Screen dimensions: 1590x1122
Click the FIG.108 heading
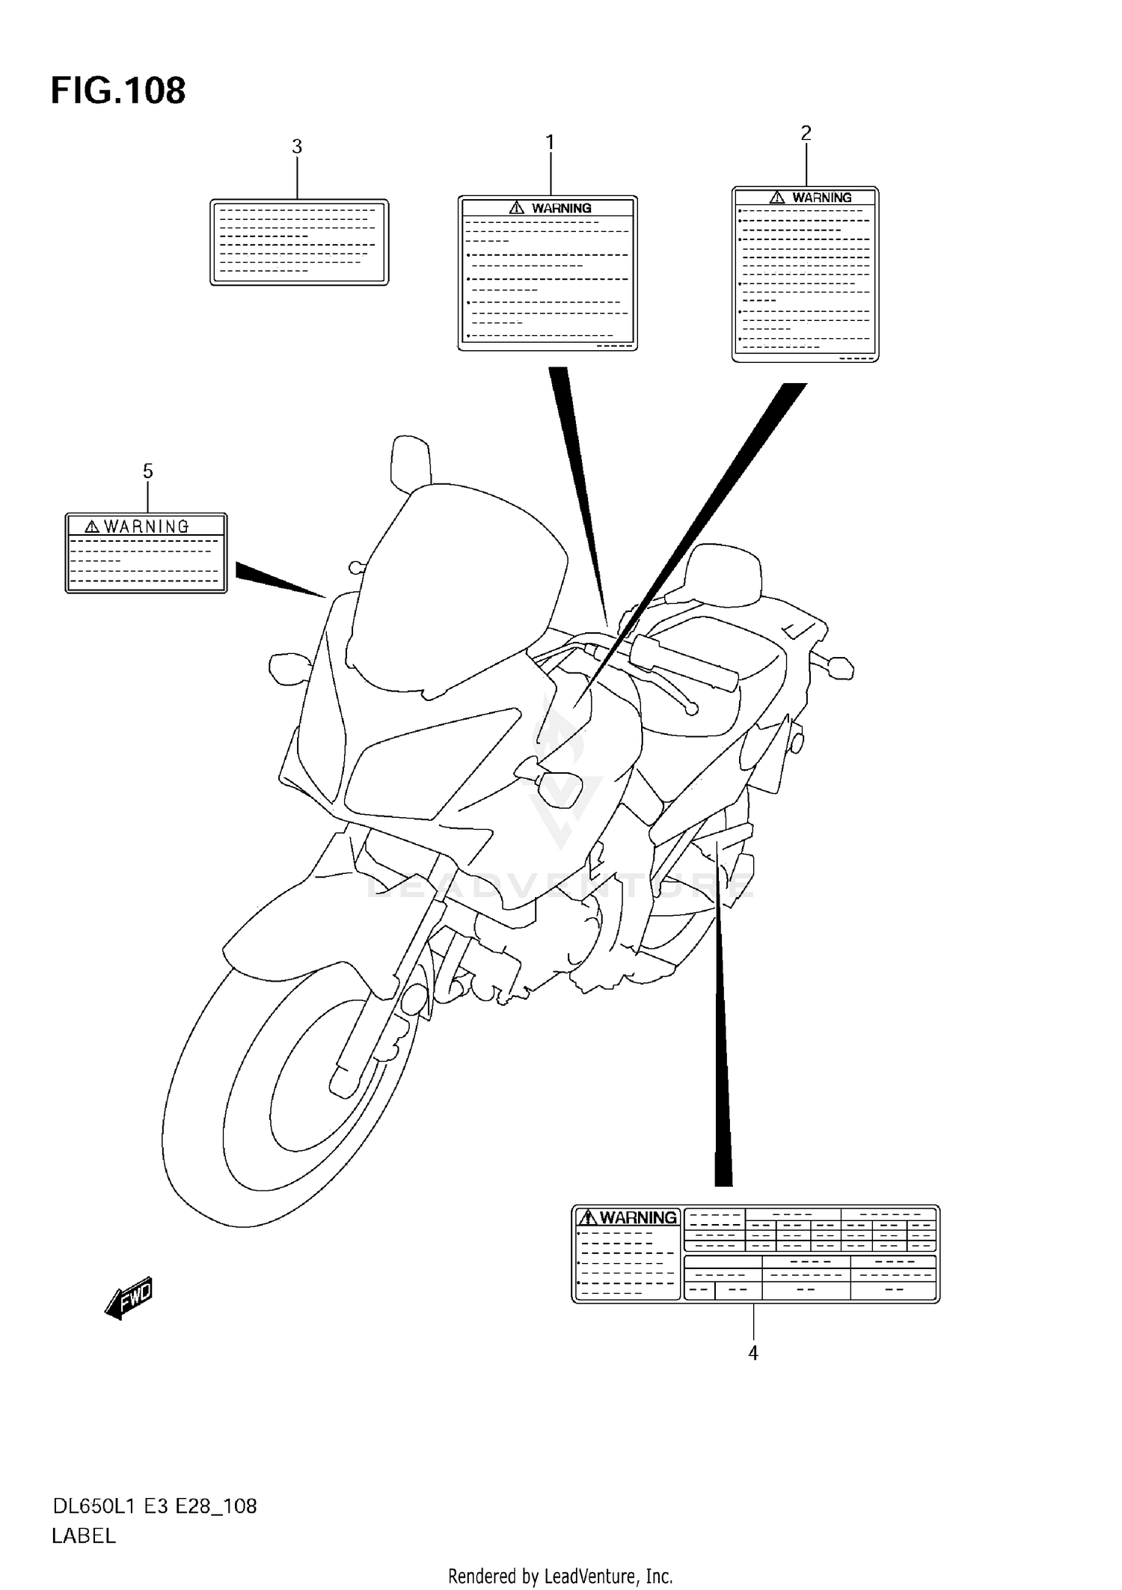tap(118, 91)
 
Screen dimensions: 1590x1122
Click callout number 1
tap(550, 141)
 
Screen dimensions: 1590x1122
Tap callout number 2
tap(806, 132)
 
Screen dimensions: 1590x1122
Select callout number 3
tap(297, 147)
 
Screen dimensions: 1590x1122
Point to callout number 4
tap(753, 1353)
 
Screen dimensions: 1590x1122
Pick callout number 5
tap(147, 471)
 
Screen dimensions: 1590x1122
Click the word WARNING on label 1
tap(561, 208)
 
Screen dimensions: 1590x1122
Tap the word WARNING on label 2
tap(821, 198)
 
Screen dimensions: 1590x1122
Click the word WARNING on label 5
tap(146, 527)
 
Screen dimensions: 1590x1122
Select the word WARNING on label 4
tap(637, 1217)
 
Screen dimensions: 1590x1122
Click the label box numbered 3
tap(299, 242)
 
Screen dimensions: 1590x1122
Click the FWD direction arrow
tap(129, 1298)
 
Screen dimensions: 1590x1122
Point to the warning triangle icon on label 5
tap(92, 527)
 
